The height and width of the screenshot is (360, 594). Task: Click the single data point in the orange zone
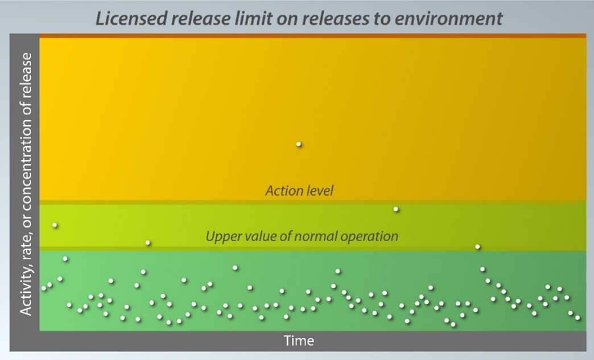click(299, 144)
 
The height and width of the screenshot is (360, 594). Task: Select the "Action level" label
click(299, 191)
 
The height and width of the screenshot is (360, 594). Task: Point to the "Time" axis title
click(299, 340)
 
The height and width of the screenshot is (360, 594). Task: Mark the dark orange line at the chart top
click(312, 36)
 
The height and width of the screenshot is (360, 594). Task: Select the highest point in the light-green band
click(396, 209)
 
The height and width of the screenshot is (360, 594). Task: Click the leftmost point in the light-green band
click(55, 225)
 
